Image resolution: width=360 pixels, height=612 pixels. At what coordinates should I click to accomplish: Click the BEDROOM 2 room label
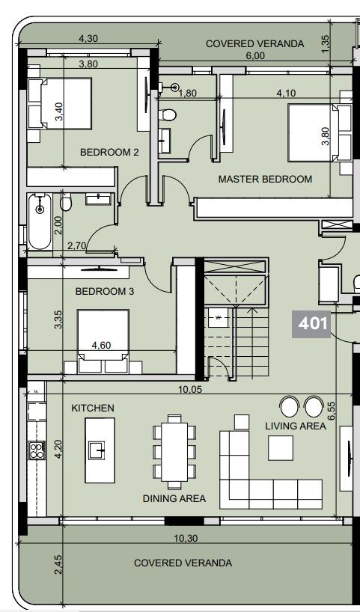point(109,153)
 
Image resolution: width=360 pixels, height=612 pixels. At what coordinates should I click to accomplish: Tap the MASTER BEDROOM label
point(265,180)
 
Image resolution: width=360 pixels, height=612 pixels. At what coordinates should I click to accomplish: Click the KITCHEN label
point(93,408)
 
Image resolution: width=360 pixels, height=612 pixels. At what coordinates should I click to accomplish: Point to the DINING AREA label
point(174,498)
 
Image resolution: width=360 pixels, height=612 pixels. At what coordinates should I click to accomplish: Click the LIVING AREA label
point(296,426)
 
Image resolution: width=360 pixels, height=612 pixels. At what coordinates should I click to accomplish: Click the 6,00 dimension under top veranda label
point(255,56)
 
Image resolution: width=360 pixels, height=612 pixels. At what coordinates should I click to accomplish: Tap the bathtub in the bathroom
point(40,221)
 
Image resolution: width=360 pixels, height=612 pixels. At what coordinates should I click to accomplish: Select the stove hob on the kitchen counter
point(36,450)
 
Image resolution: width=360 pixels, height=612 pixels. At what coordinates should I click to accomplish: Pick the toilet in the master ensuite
point(170,114)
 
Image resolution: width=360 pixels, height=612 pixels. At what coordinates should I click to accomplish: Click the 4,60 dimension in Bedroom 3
point(101,346)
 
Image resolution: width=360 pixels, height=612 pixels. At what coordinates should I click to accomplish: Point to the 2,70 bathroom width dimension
point(77,245)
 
